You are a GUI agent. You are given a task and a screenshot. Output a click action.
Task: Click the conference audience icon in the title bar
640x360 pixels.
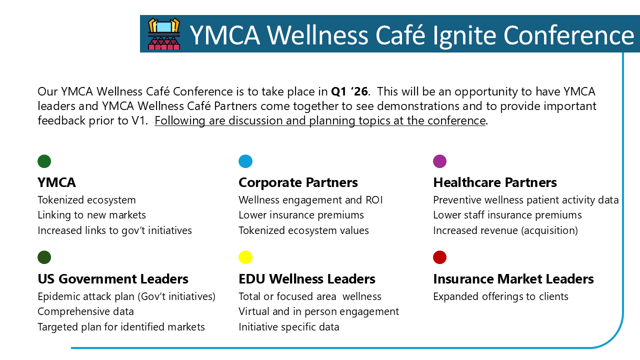tap(164, 33)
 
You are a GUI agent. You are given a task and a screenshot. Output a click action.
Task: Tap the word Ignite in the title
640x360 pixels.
tap(464, 35)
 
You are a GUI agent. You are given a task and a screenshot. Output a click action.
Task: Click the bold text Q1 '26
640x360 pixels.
tap(349, 91)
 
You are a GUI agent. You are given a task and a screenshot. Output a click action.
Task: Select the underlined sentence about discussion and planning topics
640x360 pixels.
tap(320, 120)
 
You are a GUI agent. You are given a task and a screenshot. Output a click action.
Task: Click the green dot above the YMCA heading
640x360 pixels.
tap(44, 161)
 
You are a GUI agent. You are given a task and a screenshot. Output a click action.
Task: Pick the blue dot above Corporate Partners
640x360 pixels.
tap(245, 161)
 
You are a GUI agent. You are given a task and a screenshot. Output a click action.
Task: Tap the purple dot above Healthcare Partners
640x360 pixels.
tap(439, 161)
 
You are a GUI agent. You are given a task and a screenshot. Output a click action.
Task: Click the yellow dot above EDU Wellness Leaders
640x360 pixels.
tap(245, 257)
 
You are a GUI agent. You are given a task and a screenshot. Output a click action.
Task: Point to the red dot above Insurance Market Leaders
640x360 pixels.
tap(439, 257)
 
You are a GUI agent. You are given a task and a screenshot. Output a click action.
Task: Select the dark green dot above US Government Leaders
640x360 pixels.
tap(44, 257)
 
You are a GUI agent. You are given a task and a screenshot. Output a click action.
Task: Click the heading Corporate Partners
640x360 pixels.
tap(298, 182)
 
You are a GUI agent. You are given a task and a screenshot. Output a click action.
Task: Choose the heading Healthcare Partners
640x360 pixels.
tap(495, 182)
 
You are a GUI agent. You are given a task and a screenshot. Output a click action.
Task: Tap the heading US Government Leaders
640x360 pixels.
tap(113, 279)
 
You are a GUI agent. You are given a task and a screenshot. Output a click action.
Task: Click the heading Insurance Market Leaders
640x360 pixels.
tap(513, 279)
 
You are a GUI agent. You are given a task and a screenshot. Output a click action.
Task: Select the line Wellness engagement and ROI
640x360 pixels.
tap(310, 200)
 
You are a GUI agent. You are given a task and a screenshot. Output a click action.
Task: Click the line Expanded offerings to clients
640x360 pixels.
tap(500, 296)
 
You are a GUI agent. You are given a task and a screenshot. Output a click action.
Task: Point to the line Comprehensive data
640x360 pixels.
tap(85, 311)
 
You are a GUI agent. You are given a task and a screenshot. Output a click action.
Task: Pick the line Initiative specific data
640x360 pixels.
tap(289, 327)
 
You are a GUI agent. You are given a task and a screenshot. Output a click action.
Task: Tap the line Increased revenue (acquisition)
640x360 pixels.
tap(505, 230)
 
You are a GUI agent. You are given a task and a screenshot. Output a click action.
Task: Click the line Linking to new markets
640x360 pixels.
tap(91, 215)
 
